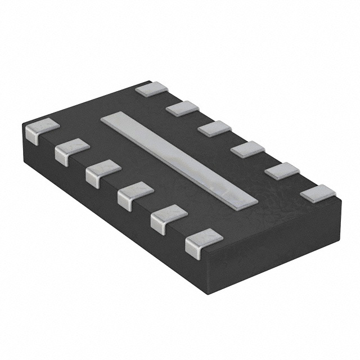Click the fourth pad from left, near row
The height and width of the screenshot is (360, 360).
136,192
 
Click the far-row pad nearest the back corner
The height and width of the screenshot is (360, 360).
152,89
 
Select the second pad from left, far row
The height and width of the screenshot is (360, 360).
183,108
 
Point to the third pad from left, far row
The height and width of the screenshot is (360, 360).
215,128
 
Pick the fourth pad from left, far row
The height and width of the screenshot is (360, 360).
247,149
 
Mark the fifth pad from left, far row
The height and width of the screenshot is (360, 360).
282,170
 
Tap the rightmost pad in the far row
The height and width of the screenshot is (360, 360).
318,193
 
